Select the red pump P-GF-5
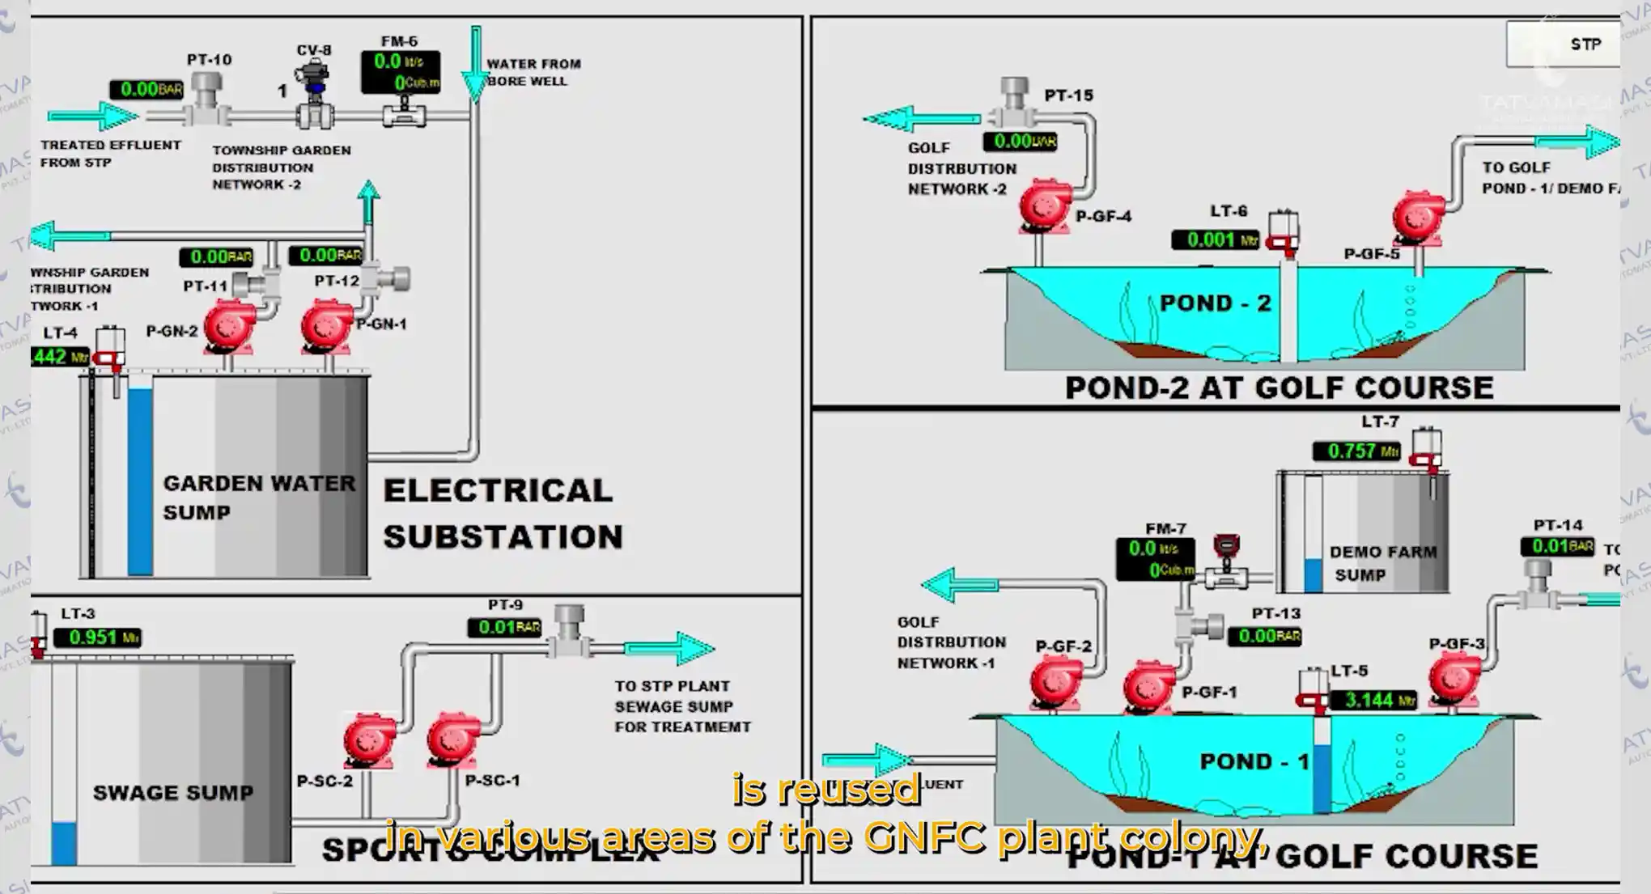[x=1419, y=216]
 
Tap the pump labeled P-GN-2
[x=229, y=327]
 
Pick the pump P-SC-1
[x=453, y=738]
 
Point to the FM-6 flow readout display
[x=400, y=72]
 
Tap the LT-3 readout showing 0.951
[x=97, y=638]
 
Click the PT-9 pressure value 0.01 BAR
[x=503, y=627]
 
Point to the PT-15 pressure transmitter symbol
[x=1014, y=101]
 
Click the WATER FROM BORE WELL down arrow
[x=476, y=65]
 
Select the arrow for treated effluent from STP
[x=92, y=116]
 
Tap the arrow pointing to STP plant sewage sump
[x=669, y=648]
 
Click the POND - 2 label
[x=1215, y=303]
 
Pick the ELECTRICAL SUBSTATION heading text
[x=503, y=513]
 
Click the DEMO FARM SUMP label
[x=1382, y=563]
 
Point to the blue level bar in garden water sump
[x=140, y=481]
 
